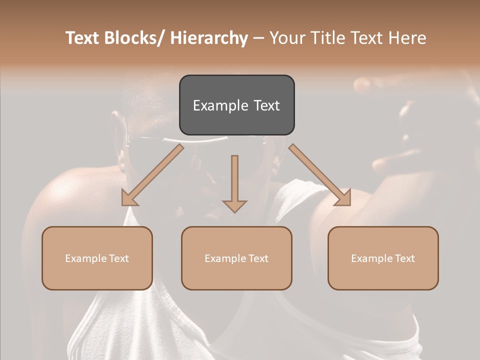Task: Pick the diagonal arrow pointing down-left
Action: (152, 175)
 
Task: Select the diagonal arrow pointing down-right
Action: (320, 175)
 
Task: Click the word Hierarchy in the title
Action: (209, 38)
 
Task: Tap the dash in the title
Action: (258, 38)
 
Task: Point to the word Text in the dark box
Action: (266, 105)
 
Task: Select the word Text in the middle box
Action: (257, 258)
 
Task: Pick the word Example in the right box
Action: (372, 258)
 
